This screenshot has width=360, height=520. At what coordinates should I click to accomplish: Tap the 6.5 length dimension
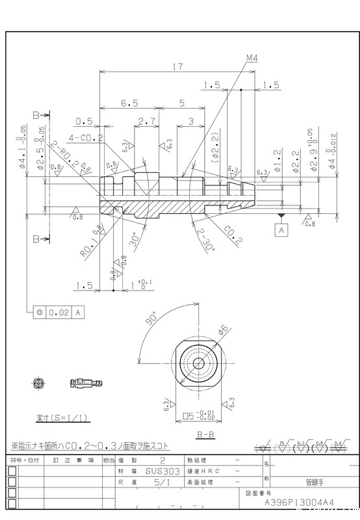tap(129, 103)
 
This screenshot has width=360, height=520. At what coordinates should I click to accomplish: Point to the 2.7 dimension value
tap(147, 122)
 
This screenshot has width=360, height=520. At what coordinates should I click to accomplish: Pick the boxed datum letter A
tap(281, 230)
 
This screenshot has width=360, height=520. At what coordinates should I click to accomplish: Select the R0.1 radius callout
tap(92, 242)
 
